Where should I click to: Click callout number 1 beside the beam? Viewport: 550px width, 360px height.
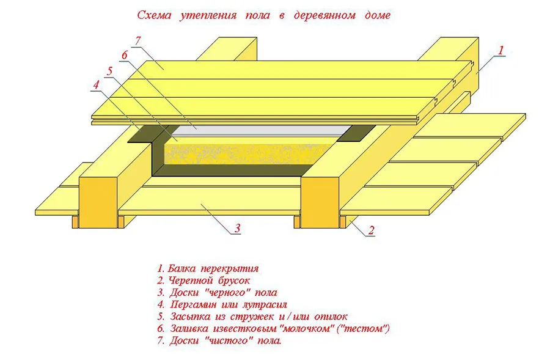[501, 51]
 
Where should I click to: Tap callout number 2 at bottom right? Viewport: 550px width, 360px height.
[371, 230]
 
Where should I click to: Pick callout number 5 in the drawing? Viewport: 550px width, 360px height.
[109, 71]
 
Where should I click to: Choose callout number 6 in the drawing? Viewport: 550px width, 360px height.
[124, 56]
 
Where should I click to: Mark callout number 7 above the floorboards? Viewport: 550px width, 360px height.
[138, 41]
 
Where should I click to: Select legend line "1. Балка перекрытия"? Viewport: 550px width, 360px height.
[208, 268]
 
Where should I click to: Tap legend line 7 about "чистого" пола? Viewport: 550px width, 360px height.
[219, 340]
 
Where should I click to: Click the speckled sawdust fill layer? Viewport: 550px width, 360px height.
[244, 150]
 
